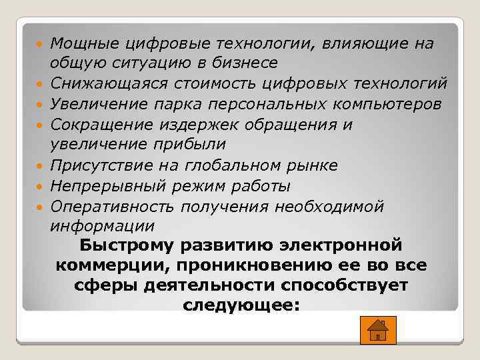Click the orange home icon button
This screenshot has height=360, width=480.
[x=377, y=329]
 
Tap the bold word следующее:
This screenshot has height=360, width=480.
[x=240, y=305]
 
